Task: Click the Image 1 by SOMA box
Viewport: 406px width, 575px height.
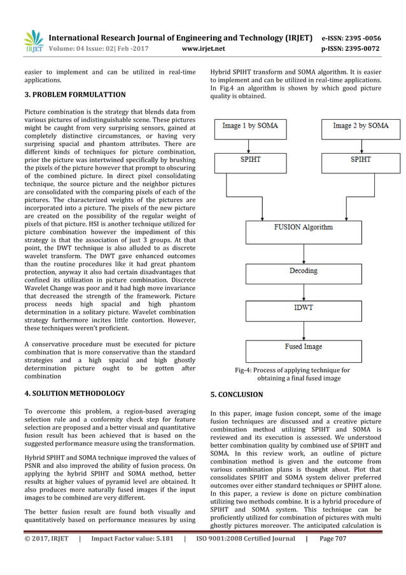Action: pos(250,126)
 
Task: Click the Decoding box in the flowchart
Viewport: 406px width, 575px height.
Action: pos(303,271)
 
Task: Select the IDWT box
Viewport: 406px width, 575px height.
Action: pos(303,308)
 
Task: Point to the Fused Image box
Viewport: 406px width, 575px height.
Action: pos(303,347)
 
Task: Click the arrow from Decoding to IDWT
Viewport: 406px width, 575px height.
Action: pos(303,290)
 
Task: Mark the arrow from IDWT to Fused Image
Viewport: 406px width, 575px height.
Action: pos(303,328)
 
